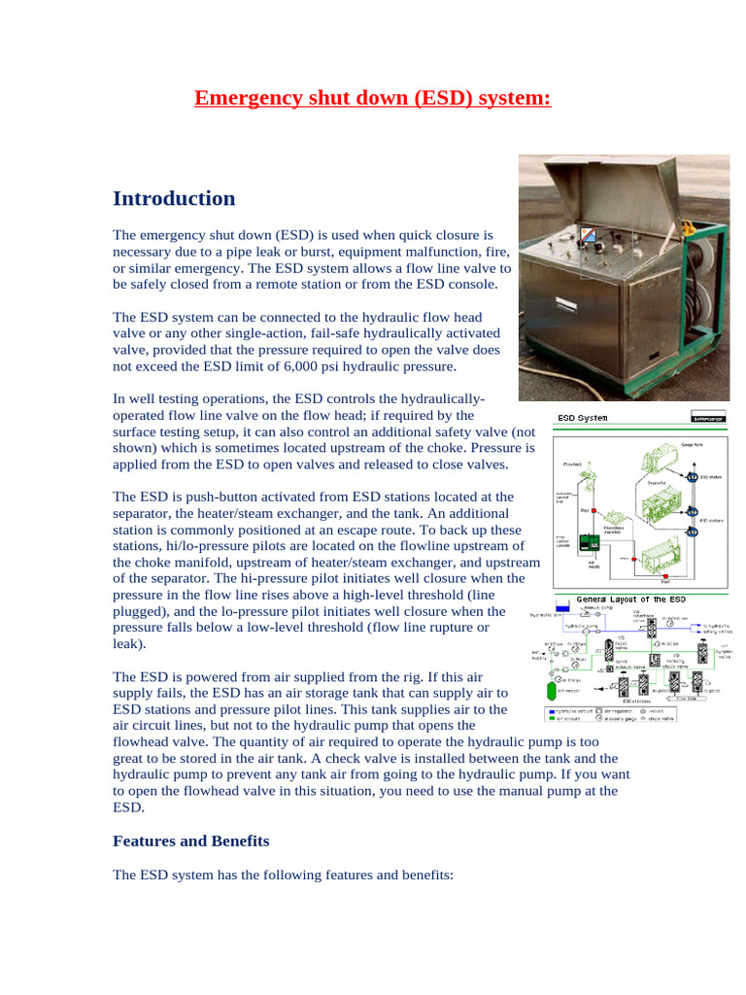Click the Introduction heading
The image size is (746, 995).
click(174, 198)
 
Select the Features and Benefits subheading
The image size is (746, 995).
click(191, 841)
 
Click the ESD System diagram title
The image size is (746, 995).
click(582, 418)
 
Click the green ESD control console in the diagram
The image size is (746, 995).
click(585, 545)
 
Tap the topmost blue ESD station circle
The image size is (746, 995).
click(692, 477)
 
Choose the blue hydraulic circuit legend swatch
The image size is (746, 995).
click(550, 711)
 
